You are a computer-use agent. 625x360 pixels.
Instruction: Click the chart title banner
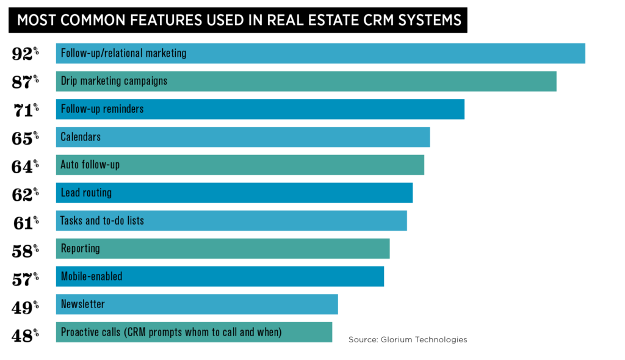[x=238, y=20]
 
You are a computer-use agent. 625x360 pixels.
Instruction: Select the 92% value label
[x=25, y=54]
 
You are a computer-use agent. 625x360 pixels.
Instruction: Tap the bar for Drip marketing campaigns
[x=366, y=81]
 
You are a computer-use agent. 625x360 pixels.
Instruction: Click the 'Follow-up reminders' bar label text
[x=102, y=109]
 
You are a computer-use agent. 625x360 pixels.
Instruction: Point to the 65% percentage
[x=25, y=138]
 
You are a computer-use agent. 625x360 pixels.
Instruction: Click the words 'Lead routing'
[x=86, y=193]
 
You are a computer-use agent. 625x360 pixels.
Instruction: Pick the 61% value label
[x=25, y=222]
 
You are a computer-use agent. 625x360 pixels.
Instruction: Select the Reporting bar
[x=244, y=249]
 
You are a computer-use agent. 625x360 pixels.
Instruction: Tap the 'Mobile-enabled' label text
[x=92, y=276]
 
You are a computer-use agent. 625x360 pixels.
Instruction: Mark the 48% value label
[x=25, y=334]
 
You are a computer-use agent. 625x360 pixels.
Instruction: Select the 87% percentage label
[x=25, y=82]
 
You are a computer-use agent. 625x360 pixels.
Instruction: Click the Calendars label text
[x=81, y=137]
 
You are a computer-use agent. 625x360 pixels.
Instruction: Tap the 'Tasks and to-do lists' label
[x=102, y=221]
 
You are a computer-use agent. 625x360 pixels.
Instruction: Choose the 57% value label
[x=25, y=278]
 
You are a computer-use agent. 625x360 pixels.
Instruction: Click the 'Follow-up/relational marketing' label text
[x=123, y=53]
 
